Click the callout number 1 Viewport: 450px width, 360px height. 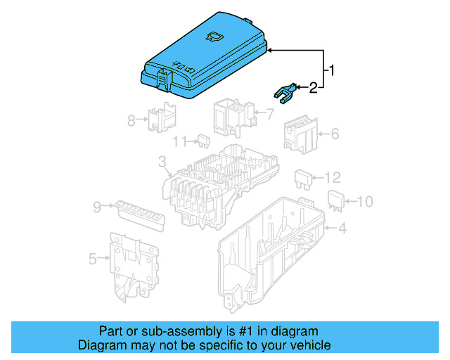coord(333,70)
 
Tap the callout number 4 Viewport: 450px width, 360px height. coord(342,229)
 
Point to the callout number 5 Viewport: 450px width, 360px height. coord(93,259)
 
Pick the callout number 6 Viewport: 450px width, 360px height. coord(335,133)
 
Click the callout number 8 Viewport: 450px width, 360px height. coord(131,120)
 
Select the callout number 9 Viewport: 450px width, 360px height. coord(96,207)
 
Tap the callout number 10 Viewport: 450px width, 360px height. coord(364,202)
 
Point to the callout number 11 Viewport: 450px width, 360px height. coord(180,141)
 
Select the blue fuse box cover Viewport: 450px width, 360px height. coord(204,56)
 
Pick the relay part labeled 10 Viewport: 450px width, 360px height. coord(336,200)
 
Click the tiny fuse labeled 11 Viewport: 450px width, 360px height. coord(202,141)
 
